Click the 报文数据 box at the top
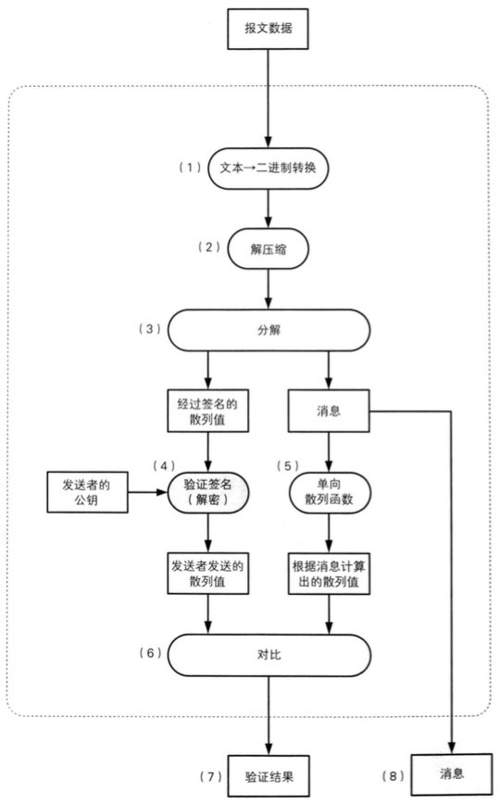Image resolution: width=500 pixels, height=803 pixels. [269, 27]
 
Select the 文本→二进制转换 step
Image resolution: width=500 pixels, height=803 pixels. [269, 169]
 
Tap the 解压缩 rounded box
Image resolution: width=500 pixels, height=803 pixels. [269, 249]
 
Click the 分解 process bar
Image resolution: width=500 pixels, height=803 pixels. [269, 329]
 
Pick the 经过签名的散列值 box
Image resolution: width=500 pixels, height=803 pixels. [207, 411]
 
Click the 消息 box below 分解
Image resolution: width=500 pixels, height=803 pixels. [329, 410]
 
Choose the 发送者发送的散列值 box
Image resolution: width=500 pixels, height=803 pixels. [207, 574]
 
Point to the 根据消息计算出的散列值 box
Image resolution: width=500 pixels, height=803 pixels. [329, 574]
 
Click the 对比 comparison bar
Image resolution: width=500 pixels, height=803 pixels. [269, 654]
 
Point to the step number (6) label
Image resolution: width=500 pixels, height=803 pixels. [148, 652]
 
